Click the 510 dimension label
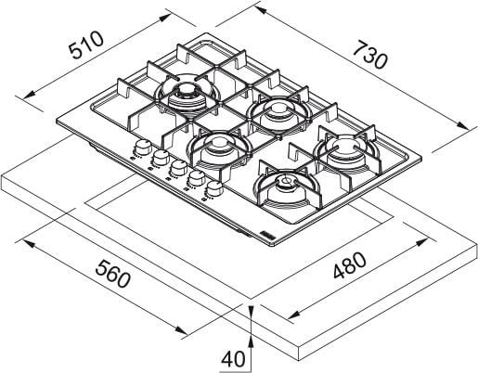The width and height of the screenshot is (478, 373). tap(86, 45)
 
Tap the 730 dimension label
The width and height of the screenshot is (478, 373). tap(369, 54)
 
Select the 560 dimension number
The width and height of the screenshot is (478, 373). tap(112, 274)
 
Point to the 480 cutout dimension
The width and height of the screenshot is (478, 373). tap(350, 265)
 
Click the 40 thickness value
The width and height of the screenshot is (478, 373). tap(233, 359)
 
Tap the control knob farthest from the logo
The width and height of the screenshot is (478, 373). tap(142, 148)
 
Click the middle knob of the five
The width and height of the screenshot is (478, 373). tap(178, 168)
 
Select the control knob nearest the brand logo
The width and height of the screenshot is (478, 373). tap(214, 188)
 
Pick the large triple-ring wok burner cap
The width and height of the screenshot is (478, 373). tap(187, 96)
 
